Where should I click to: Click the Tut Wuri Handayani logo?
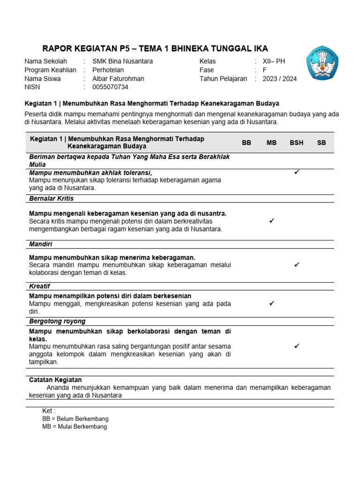pyautogui.click(x=322, y=63)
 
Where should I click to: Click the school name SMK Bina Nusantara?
pyautogui.click(x=122, y=61)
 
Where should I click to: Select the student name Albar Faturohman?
pyautogui.click(x=118, y=79)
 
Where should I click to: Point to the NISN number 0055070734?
pyautogui.click(x=110, y=87)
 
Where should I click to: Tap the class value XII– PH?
pyautogui.click(x=274, y=61)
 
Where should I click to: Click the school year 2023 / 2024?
pyautogui.click(x=279, y=79)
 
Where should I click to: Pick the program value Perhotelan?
pyautogui.click(x=111, y=70)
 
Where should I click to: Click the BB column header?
pyautogui.click(x=247, y=143)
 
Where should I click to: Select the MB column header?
pyautogui.click(x=272, y=143)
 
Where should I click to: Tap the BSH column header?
pyautogui.click(x=296, y=143)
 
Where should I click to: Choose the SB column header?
pyautogui.click(x=322, y=143)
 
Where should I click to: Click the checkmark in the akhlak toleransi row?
pyautogui.click(x=297, y=172)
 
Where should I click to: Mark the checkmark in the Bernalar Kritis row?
pyautogui.click(x=272, y=220)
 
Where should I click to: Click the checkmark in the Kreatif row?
pyautogui.click(x=272, y=304)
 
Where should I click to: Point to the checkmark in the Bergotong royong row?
pyautogui.click(x=297, y=346)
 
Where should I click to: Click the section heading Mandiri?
pyautogui.click(x=41, y=244)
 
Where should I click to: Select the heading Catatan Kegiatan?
pyautogui.click(x=55, y=380)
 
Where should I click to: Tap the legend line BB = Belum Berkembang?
pyautogui.click(x=75, y=419)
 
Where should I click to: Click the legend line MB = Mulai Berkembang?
pyautogui.click(x=75, y=427)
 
